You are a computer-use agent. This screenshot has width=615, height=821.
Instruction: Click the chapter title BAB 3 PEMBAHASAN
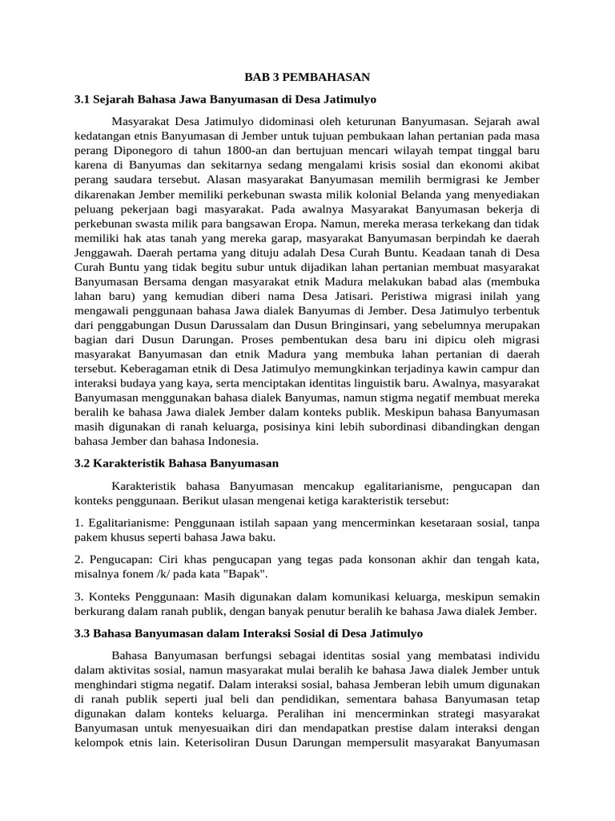click(307, 77)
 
